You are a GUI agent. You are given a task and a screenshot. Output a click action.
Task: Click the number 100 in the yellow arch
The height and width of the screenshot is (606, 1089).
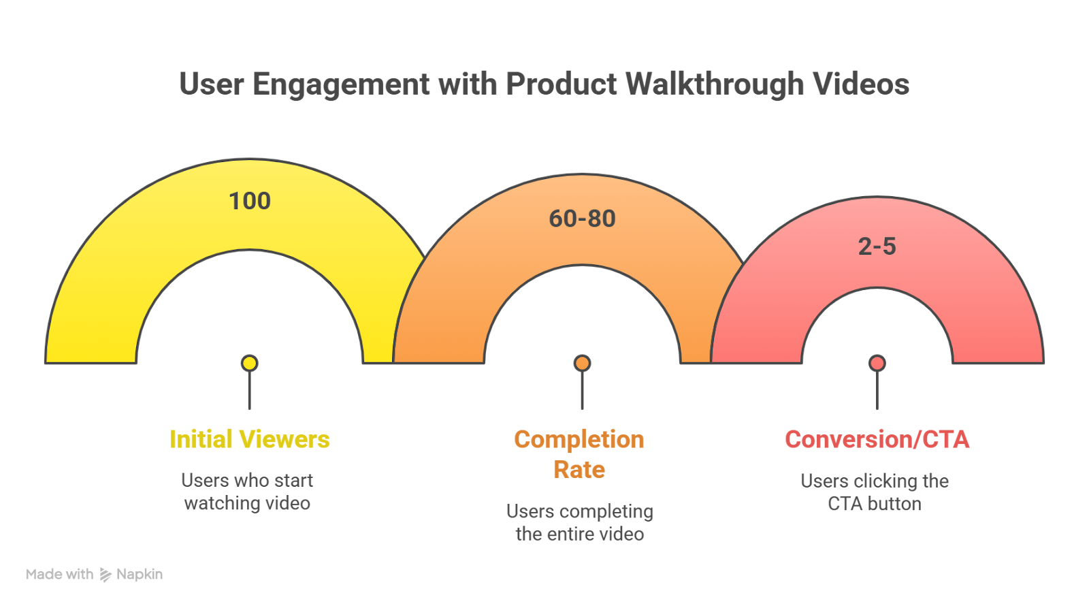pos(250,202)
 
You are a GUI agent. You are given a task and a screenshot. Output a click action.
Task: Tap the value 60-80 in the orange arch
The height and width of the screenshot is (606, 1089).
pos(582,219)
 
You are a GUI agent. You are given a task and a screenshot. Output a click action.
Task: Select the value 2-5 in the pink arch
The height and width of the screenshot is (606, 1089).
pos(877,246)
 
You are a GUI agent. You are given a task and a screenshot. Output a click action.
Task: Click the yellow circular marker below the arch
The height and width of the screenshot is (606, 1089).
pos(250,364)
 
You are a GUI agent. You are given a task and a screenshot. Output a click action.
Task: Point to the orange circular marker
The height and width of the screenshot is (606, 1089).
pos(582,364)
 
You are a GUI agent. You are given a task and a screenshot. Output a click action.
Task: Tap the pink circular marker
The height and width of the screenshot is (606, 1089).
pos(877,364)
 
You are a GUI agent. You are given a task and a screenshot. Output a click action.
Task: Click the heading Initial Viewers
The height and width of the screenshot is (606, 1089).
pos(249,440)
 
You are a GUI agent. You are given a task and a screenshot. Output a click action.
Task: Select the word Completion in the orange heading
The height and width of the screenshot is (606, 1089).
pos(579,440)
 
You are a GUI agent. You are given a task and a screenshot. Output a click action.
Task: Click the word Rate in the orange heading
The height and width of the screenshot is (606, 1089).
pos(579,470)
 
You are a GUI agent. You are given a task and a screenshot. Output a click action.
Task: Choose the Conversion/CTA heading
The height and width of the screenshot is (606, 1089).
pos(877,440)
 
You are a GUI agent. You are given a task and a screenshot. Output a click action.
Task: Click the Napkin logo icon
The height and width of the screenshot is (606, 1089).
pos(105,575)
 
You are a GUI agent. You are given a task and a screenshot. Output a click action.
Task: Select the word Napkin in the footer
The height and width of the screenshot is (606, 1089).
pos(140,575)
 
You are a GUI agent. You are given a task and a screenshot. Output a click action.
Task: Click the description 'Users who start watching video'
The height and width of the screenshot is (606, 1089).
pos(247,492)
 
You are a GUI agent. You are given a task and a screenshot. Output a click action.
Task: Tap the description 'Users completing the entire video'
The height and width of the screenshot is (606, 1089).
pos(580,522)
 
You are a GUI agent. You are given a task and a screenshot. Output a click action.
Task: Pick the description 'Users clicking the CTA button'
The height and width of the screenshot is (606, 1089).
pos(875,492)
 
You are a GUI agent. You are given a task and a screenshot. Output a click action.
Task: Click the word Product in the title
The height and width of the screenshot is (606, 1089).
pos(562,85)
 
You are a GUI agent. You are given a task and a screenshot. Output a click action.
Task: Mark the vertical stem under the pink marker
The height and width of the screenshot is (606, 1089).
pos(877,392)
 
